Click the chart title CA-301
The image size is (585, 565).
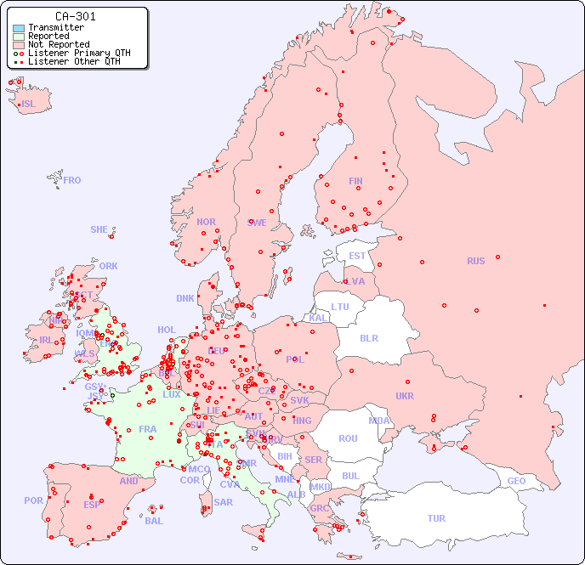(75, 16)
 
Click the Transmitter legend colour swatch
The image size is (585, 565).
(19, 27)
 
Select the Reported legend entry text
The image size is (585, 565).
(48, 36)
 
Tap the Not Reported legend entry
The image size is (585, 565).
(58, 44)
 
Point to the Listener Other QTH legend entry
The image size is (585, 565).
(79, 61)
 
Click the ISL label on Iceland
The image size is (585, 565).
(28, 105)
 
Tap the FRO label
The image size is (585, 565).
(72, 180)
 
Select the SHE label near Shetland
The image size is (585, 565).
(99, 229)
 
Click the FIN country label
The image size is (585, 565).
(355, 181)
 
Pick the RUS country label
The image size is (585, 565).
(475, 261)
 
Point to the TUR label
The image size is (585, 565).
(436, 518)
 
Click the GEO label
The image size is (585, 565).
(516, 481)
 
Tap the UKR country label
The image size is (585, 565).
(405, 396)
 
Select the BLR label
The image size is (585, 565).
(368, 337)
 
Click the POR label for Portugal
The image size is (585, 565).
(33, 500)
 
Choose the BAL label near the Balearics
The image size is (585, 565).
(154, 521)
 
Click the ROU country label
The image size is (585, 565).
(348, 438)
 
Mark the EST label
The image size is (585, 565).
(357, 256)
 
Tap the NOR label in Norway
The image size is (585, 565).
(206, 222)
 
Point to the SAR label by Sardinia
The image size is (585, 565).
(224, 502)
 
